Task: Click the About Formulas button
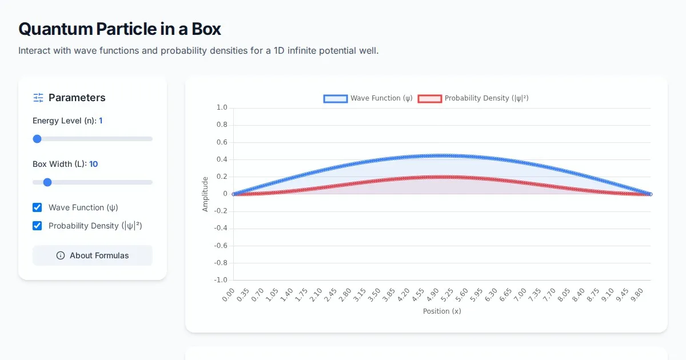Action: [93, 255]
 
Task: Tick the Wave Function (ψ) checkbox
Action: [37, 207]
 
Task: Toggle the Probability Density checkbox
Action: [37, 226]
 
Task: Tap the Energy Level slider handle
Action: [37, 139]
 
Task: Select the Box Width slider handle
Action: [47, 182]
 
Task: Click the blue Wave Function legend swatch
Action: [335, 98]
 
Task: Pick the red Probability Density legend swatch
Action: [429, 98]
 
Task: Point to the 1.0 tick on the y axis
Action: [222, 107]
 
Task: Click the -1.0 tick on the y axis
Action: [221, 280]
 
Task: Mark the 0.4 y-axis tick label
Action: [222, 159]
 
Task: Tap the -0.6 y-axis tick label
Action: [221, 246]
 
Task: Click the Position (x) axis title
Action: [442, 311]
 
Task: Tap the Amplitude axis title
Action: [205, 194]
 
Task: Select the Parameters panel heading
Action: [77, 98]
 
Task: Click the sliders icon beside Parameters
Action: [38, 98]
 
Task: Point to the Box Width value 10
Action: [93, 164]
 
